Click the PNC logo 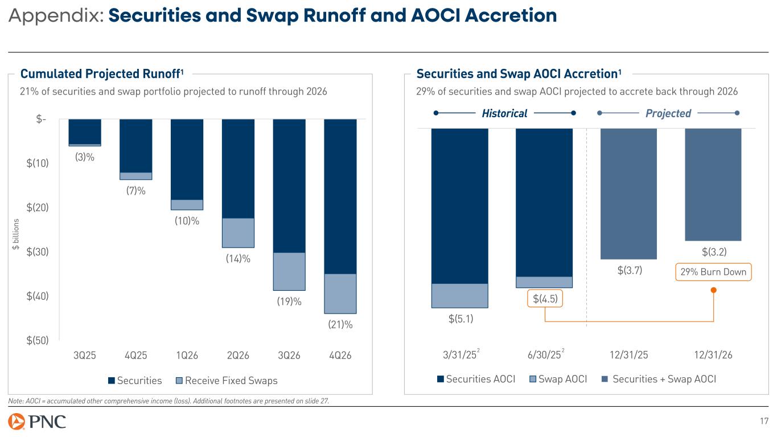click(x=36, y=422)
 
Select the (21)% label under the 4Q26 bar click(x=340, y=325)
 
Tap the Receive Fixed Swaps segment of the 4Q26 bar click(x=340, y=294)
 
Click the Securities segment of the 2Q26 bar click(x=238, y=168)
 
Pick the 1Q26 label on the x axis click(x=187, y=356)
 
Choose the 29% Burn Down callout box click(x=713, y=272)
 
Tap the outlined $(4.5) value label click(x=545, y=299)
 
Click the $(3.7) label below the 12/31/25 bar click(x=630, y=270)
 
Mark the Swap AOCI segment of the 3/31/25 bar click(x=459, y=295)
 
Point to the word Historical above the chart click(x=504, y=113)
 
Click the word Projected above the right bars click(x=668, y=113)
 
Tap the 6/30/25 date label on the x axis click(x=543, y=356)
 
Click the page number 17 click(x=764, y=422)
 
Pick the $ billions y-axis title click(x=17, y=234)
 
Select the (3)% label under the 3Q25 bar click(x=85, y=158)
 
